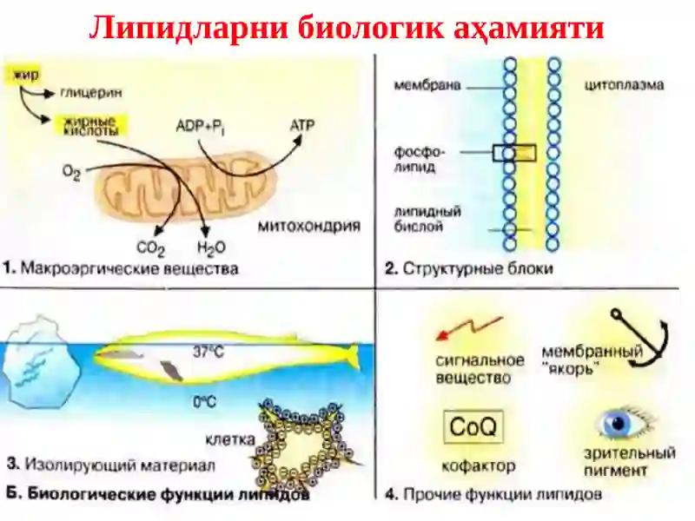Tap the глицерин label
(90, 93)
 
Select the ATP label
(301, 126)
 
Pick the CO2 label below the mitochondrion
(150, 249)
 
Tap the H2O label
(211, 248)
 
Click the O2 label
(71, 172)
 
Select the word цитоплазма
(624, 85)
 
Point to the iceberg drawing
(41, 361)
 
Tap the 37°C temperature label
(208, 352)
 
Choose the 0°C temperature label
(204, 402)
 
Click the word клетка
(230, 439)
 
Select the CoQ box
(473, 427)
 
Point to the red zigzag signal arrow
(470, 328)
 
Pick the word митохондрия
(309, 227)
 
